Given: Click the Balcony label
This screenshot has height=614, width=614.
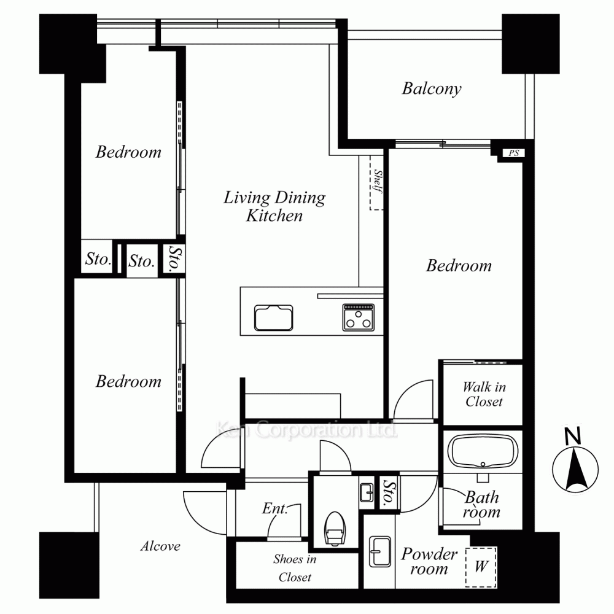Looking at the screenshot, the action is coord(432,88).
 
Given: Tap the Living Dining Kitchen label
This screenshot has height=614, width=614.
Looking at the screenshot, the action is coord(274,206).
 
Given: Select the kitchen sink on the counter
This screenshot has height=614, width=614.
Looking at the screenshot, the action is coord(274,317).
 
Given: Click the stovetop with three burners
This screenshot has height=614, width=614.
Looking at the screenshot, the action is coord(359,317).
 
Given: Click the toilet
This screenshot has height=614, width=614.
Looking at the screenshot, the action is coord(335,528).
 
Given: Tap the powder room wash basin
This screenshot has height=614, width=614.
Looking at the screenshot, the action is coord(380,552).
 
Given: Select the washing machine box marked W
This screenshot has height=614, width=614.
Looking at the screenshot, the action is coord(481,567).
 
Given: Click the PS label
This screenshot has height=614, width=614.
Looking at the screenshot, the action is coord(514,153).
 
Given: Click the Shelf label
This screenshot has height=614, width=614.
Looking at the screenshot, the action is coord(378,181).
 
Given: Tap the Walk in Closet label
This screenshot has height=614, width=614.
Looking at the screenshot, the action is coord(484,394).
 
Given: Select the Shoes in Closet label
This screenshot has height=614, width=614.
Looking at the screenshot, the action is coord(295,568).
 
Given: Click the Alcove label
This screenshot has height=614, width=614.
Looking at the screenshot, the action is coord(160,546).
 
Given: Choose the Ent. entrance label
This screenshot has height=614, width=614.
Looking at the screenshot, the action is coord(274,508).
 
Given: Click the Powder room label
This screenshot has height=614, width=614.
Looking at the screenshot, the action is coord(429,561).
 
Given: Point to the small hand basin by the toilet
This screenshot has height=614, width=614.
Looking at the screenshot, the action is coord(367,492).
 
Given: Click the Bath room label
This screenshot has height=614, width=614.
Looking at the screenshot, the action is coord(481,504).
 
